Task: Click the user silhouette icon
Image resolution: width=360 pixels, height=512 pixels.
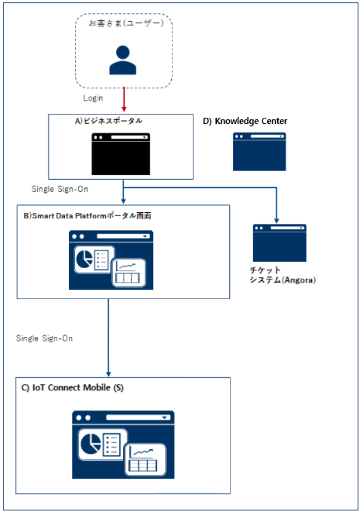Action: [123, 60]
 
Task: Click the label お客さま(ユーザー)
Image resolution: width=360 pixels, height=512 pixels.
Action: [126, 23]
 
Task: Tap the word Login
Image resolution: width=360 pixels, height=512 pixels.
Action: [93, 98]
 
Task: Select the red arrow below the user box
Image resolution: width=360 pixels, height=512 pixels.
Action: [124, 99]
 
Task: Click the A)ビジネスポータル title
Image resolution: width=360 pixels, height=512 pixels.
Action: [108, 121]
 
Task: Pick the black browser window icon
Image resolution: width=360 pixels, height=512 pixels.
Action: [121, 154]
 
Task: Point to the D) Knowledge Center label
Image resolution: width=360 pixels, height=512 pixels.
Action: [245, 121]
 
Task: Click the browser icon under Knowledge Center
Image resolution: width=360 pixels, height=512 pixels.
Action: [259, 152]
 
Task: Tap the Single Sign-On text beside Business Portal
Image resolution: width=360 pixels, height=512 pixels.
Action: [60, 189]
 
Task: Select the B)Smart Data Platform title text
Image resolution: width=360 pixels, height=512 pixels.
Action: [87, 216]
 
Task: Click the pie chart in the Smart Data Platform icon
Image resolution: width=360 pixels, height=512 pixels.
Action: [84, 258]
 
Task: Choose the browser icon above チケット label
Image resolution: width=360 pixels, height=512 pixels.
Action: [279, 242]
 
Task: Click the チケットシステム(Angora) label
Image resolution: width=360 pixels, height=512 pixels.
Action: [283, 275]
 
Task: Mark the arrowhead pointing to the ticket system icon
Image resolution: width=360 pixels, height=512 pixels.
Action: [276, 221]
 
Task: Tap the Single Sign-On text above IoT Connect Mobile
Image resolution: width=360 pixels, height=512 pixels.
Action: [44, 338]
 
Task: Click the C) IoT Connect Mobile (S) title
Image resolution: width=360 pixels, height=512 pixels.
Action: [73, 387]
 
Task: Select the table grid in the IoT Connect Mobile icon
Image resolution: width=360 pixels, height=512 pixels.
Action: [143, 466]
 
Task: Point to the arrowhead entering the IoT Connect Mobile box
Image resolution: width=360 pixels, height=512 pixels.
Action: [108, 374]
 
